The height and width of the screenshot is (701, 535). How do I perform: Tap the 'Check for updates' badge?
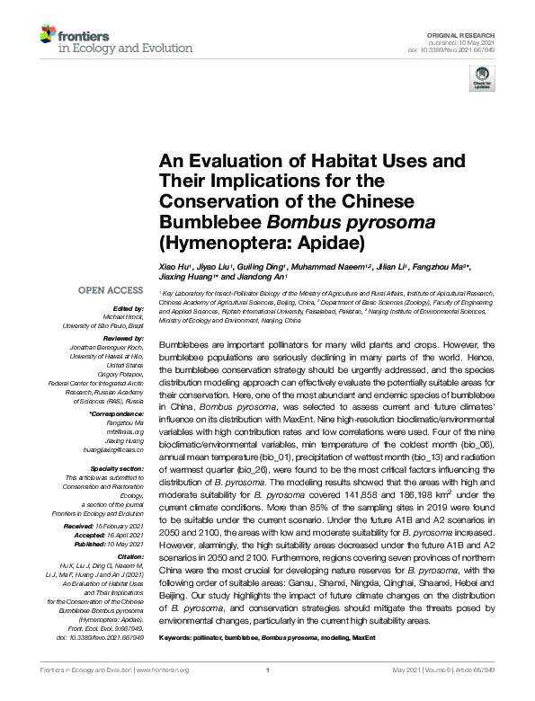483,81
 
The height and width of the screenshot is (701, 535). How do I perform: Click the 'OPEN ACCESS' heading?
110,290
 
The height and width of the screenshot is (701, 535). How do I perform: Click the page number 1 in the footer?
268,695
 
